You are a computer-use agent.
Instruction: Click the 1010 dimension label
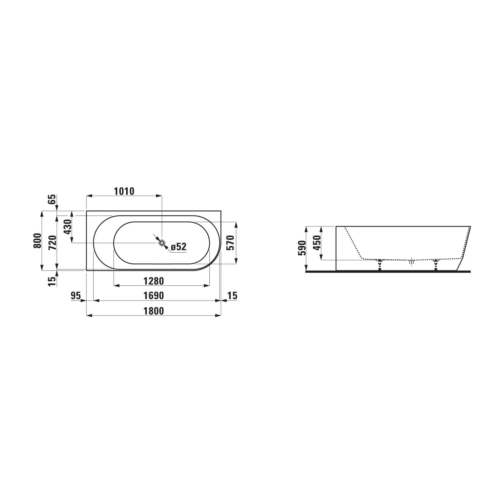[x=124, y=191]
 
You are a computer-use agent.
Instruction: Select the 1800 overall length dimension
[x=154, y=311]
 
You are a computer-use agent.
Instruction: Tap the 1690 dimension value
[x=154, y=296]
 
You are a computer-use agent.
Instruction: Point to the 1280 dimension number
[x=154, y=281]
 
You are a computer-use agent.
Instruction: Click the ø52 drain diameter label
[x=178, y=247]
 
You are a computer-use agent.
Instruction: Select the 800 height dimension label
[x=37, y=241]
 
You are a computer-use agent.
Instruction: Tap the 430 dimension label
[x=68, y=227]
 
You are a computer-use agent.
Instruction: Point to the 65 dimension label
[x=52, y=200]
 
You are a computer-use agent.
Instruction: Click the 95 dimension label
[x=76, y=296]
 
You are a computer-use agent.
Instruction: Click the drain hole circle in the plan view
[x=162, y=243]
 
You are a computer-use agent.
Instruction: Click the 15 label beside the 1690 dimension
[x=232, y=296]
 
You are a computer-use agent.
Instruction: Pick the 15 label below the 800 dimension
[x=52, y=281]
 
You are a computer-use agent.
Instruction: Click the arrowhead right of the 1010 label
[x=159, y=195]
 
